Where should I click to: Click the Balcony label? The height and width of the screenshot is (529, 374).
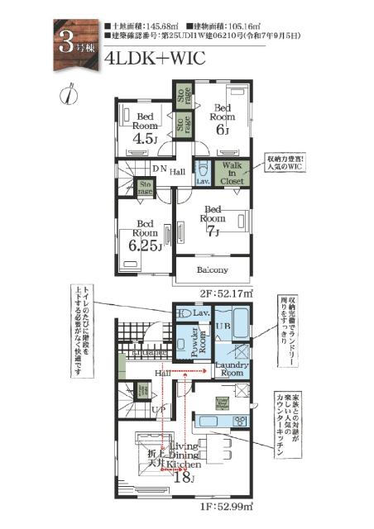(x=213, y=270)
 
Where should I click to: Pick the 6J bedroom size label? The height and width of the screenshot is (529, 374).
(x=223, y=131)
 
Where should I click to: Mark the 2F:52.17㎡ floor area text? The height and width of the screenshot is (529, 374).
(x=226, y=293)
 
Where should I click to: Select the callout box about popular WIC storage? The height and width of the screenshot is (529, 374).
(x=286, y=164)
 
